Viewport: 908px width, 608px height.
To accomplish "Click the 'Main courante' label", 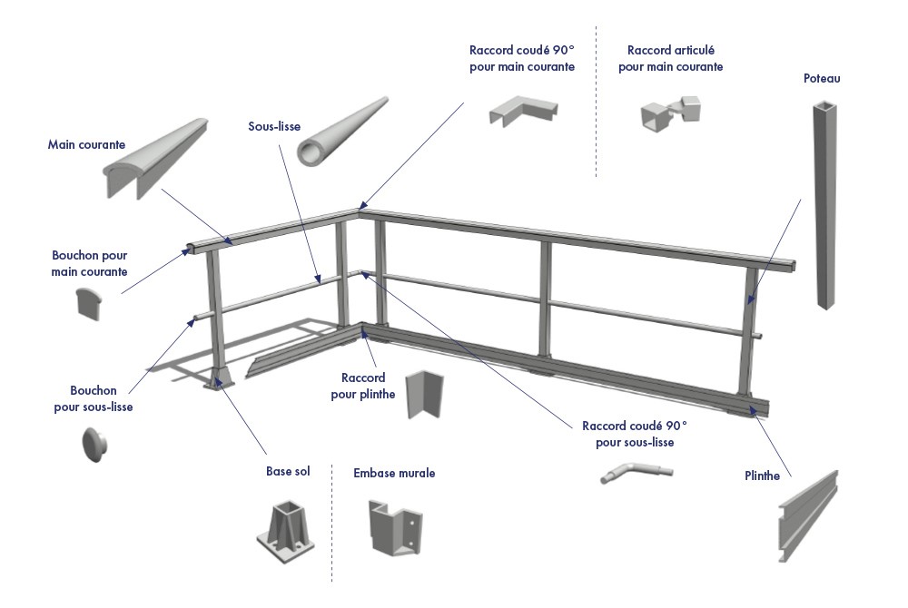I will [86, 144].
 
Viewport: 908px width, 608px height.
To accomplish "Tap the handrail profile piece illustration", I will [154, 159].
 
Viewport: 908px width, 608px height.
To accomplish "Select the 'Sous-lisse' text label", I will [274, 126].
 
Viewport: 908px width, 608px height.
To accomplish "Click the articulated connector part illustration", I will [672, 113].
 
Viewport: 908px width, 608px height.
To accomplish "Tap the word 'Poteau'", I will [822, 79].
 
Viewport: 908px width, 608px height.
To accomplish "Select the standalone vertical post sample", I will [822, 204].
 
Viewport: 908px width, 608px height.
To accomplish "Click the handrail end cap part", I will [88, 303].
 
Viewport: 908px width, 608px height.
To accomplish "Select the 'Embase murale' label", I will [394, 473].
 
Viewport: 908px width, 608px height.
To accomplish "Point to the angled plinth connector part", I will [422, 395].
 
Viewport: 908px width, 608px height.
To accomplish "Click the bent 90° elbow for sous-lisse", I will [636, 472].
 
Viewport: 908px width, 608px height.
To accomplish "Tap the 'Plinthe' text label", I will [762, 476].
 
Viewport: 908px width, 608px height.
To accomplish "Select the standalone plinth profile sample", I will [806, 517].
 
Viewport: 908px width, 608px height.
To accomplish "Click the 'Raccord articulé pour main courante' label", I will [671, 58].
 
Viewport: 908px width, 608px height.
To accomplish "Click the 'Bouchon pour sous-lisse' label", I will [94, 399].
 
